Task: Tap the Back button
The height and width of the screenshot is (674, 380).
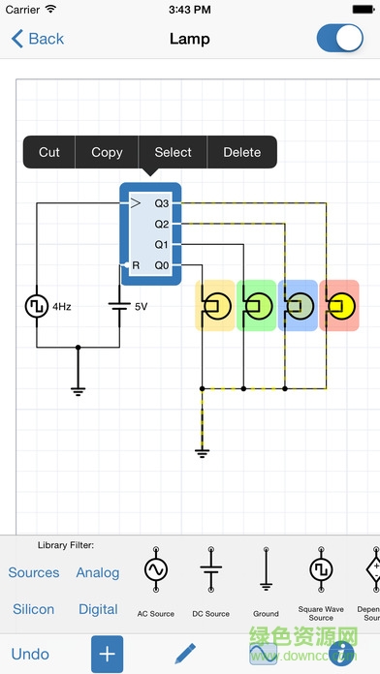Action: point(38,39)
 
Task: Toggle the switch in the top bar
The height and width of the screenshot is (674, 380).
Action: point(339,39)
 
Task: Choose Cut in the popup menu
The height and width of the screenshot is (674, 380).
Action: point(49,152)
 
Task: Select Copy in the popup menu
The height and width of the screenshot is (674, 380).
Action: point(107,152)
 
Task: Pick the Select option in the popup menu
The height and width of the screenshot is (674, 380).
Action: point(173,152)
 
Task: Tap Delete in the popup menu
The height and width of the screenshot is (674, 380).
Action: point(241,152)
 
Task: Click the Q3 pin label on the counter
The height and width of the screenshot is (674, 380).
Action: point(162,204)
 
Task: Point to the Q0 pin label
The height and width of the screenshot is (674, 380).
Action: point(162,264)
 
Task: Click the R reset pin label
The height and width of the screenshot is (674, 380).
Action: point(136,264)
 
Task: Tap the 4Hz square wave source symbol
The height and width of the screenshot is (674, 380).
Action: point(36,306)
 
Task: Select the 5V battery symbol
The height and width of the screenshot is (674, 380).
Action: point(119,306)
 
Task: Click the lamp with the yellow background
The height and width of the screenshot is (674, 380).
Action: point(216,306)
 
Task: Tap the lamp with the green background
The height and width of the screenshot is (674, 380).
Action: point(257,306)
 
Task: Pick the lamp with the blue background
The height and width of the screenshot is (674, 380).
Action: point(298,306)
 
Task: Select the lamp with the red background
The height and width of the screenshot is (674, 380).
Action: point(338,306)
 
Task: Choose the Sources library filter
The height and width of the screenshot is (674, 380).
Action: point(34,572)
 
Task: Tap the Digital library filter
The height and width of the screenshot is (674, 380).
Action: point(98,609)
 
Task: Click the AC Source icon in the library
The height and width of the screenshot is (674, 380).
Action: point(156,571)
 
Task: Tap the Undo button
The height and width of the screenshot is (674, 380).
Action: point(31,654)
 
